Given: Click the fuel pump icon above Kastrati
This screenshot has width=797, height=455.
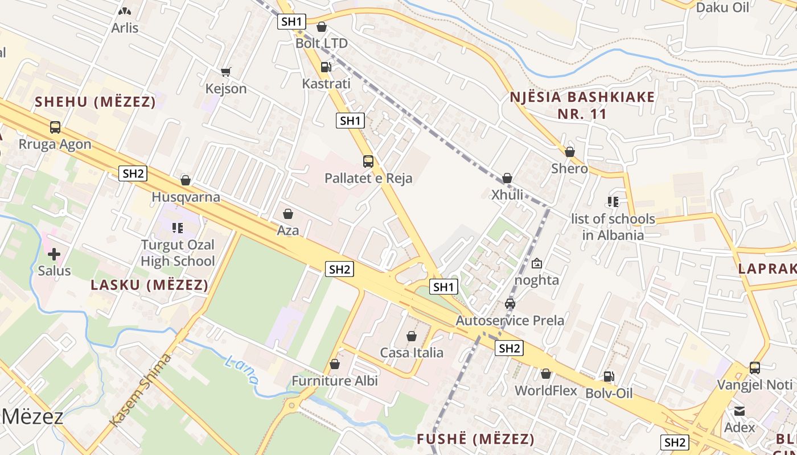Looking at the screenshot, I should coord(326,67).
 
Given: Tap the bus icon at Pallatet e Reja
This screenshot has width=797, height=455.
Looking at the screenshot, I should coord(368,162).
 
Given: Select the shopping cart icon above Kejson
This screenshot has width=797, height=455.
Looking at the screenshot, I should coord(226,72).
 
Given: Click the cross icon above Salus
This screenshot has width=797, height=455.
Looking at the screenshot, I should coord(54,254).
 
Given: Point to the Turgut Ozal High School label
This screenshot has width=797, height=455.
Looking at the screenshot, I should coord(178,253).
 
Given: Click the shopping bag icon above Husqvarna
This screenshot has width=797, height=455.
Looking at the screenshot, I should coord(186,180).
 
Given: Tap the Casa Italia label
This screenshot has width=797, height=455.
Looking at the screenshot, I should coord(412,353).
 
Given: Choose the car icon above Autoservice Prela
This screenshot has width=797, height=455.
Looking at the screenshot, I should coord(510,304).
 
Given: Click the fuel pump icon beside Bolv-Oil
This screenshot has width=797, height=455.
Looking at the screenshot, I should coord(609,377).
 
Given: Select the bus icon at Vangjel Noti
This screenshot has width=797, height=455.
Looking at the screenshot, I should coord(755,368).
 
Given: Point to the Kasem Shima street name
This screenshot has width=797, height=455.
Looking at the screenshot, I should coord(140,390).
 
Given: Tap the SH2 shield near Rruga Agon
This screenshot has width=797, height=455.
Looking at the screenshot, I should coord(133,173).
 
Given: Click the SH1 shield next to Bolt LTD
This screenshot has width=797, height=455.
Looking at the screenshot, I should coord(292,22).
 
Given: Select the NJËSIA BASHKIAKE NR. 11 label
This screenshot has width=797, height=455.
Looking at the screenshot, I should coord(582,105).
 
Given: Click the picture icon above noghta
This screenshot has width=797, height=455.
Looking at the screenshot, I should coord(536,263).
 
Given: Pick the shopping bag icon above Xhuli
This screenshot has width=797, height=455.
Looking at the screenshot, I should coord(507,178).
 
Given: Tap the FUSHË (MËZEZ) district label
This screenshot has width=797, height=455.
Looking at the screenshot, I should coord(475,439).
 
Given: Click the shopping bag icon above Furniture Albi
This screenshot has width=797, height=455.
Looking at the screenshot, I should coord(335,364).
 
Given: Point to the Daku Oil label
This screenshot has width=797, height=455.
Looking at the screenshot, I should coord(722,7).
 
